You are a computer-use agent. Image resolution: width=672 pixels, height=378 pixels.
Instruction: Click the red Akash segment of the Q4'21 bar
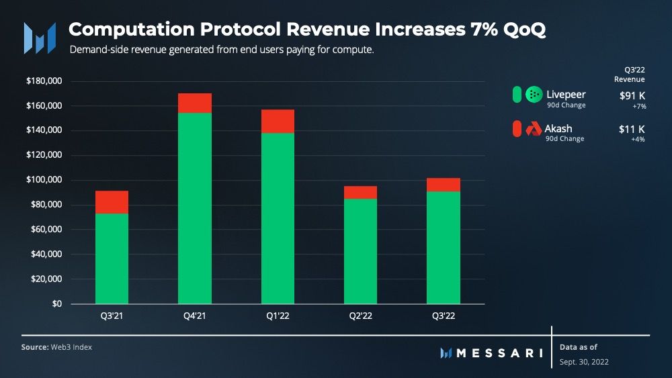(x=195, y=103)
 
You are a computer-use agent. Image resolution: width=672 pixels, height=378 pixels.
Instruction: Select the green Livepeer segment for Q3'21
(x=112, y=258)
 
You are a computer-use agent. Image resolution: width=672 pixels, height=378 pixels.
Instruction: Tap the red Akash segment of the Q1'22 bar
(x=278, y=121)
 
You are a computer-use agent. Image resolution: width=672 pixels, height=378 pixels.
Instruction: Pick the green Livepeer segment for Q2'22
(x=360, y=251)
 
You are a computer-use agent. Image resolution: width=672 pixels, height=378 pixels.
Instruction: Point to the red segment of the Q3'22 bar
(x=444, y=185)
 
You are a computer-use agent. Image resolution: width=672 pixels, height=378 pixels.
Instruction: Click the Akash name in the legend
(x=558, y=128)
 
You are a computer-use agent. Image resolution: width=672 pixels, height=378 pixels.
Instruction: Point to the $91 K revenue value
(x=632, y=95)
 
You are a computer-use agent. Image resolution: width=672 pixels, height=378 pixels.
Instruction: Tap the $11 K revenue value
(x=632, y=128)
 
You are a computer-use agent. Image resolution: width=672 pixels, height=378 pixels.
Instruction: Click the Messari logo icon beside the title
(x=40, y=38)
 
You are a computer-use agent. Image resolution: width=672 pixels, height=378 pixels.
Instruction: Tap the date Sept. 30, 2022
(x=585, y=362)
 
